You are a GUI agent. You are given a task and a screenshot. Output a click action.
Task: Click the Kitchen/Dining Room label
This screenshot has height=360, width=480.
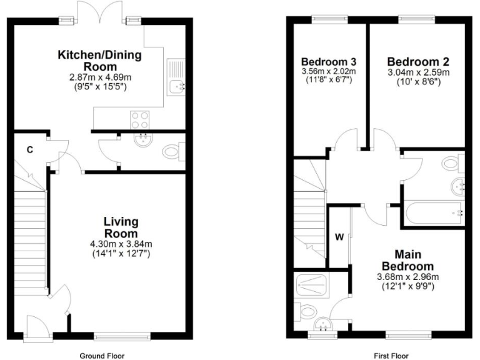[100, 61]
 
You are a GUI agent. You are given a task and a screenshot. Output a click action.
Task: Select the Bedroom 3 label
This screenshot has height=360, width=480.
[329, 62]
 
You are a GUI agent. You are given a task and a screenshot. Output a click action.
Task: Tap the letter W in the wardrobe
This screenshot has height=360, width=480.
[339, 237]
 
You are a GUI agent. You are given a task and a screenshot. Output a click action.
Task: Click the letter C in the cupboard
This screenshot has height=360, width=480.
[29, 149]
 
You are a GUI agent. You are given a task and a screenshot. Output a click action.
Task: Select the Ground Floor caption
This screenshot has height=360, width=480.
[102, 356]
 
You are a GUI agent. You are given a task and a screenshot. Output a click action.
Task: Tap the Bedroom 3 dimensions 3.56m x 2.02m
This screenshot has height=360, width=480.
[329, 71]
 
